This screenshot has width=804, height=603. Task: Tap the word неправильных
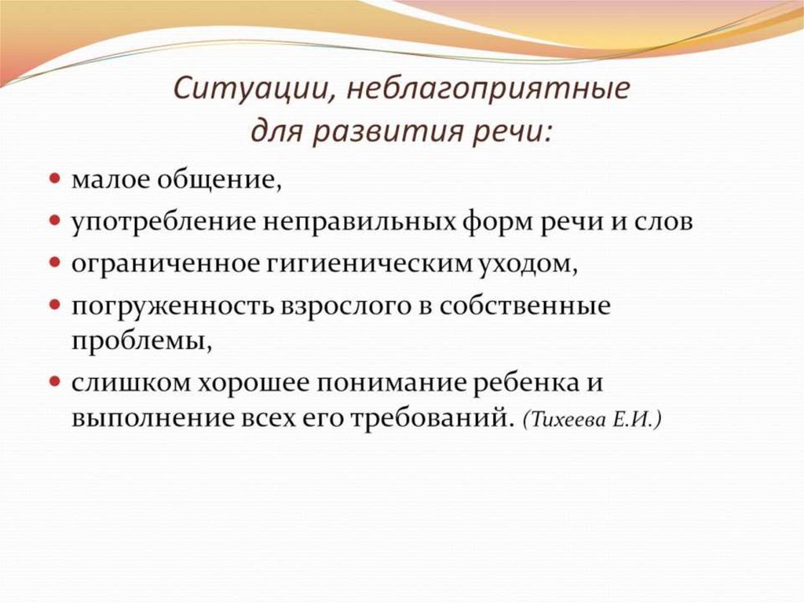(x=358, y=222)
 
